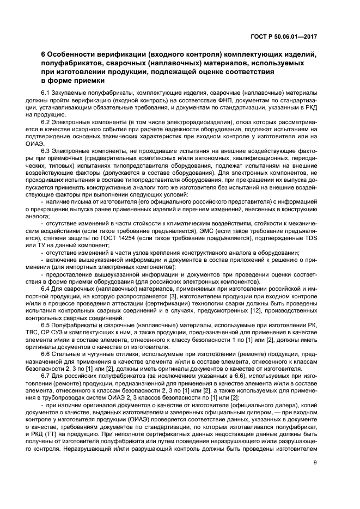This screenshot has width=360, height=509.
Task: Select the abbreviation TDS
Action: click(x=309, y=246)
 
